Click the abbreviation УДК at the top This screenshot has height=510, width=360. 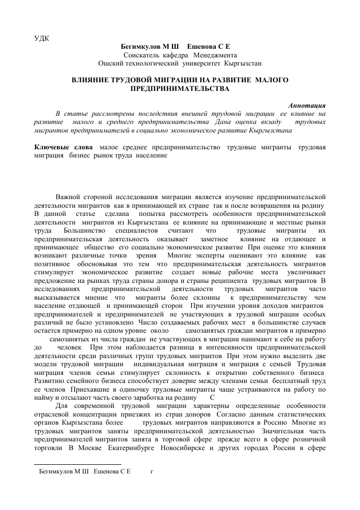pyautogui.click(x=41, y=38)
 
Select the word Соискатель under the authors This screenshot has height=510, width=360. pyautogui.click(x=142, y=55)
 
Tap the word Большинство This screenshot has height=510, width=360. pyautogui.click(x=82, y=230)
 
